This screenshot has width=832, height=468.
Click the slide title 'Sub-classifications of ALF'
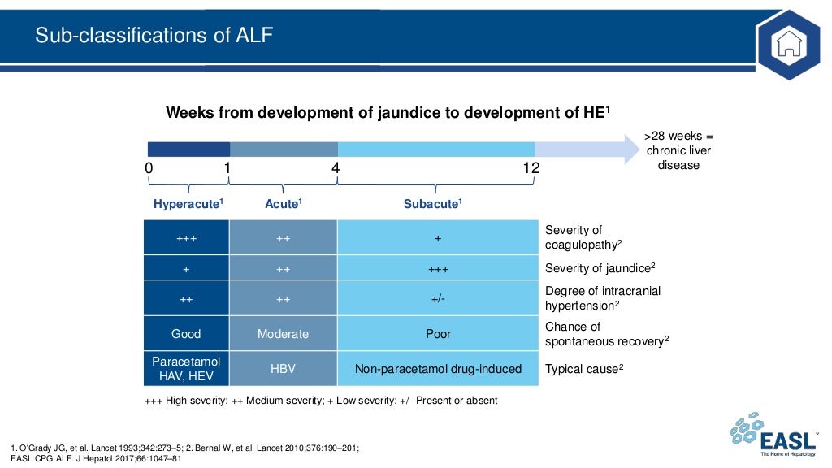point(154,36)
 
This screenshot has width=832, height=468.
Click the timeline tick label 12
point(531,168)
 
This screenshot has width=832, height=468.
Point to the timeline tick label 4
point(335,168)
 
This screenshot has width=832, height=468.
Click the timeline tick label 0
point(149,168)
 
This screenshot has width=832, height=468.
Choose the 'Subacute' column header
point(433,204)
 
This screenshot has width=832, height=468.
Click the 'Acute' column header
point(284,204)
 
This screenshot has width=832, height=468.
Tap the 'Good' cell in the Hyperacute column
point(186,334)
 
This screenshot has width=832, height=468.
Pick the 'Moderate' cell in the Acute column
point(283,334)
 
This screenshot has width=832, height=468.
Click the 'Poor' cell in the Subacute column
point(438,334)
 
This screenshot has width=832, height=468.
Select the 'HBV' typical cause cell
point(283,369)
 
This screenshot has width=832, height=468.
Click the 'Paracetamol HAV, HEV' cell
point(186,368)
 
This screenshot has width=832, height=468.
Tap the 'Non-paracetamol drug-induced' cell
point(438,369)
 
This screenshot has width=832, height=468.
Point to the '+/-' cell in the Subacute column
point(438,299)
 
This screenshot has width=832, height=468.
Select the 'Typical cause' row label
point(584,369)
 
